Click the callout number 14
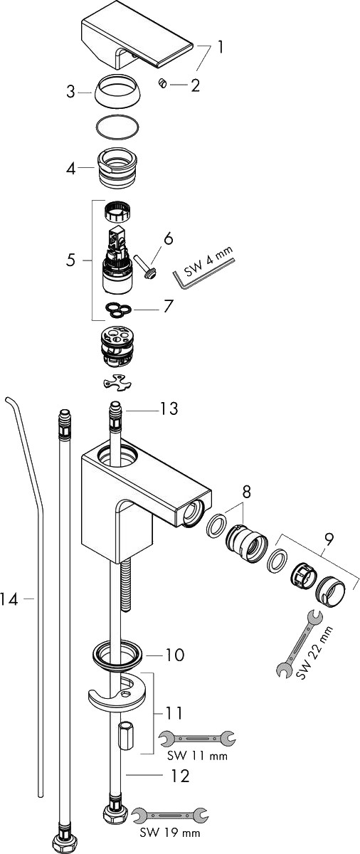tap(9, 600)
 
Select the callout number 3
tap(70, 93)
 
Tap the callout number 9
tap(329, 539)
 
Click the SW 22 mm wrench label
tap(314, 653)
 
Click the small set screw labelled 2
tap(163, 83)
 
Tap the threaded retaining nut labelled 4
tap(117, 167)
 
